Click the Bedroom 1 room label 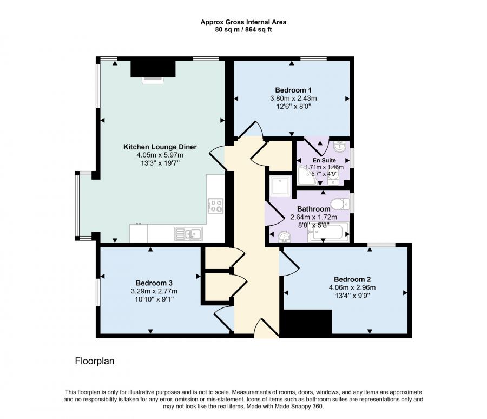click(293, 90)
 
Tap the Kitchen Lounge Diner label click(160, 147)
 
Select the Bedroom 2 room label click(352, 279)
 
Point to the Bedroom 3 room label click(154, 283)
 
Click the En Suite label click(324, 160)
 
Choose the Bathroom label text click(313, 209)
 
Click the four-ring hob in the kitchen click(215, 206)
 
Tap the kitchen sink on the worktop click(188, 234)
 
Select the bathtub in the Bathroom click(328, 232)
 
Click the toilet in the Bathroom click(340, 204)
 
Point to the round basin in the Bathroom click(284, 237)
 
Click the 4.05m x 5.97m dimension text click(160, 155)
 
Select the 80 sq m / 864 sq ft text click(243, 30)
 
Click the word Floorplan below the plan click(95, 361)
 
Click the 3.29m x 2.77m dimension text click(154, 291)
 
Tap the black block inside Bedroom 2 click(308, 322)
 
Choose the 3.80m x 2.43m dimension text click(293, 98)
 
